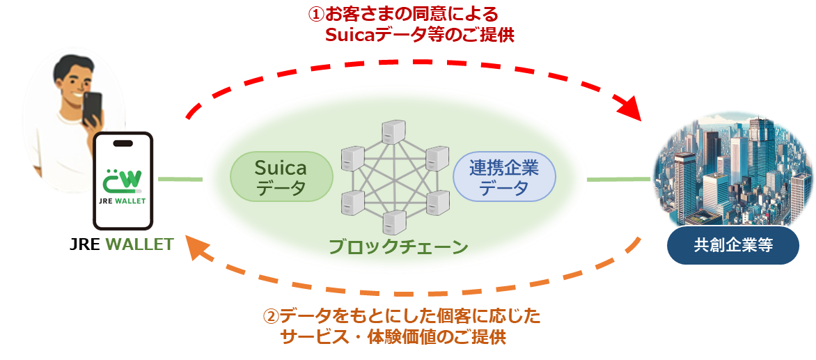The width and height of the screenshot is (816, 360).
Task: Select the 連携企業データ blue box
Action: [504, 178]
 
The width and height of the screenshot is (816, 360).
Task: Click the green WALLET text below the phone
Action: [139, 244]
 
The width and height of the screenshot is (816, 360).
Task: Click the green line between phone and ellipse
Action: [180, 180]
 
